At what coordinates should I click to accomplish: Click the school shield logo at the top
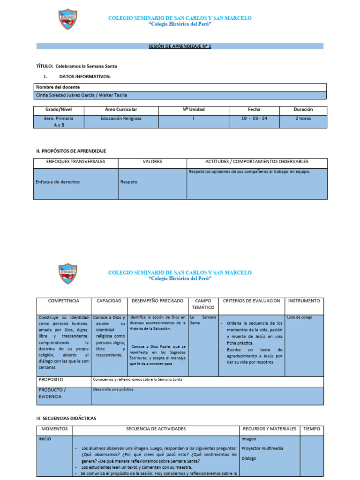point(68,19)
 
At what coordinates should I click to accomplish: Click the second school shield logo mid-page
point(68,274)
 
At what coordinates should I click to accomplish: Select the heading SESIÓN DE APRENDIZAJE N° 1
point(180,46)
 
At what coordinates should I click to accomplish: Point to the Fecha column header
point(255,109)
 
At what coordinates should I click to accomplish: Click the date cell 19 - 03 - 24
point(255,119)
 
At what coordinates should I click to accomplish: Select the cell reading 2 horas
point(303,119)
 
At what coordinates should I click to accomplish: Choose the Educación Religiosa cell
point(121,119)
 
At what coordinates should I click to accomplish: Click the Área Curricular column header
point(121,109)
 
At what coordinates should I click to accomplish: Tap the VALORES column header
point(152,162)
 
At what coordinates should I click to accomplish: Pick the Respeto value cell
point(129,182)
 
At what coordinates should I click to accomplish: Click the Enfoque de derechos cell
point(55,182)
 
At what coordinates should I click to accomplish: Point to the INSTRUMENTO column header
point(304,301)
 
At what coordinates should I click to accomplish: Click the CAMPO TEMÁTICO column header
point(203,304)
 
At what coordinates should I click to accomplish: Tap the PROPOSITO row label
point(51,379)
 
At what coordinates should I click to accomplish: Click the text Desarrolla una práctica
point(114,390)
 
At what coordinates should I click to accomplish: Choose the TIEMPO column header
point(312,429)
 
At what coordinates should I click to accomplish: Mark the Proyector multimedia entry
point(262,448)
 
